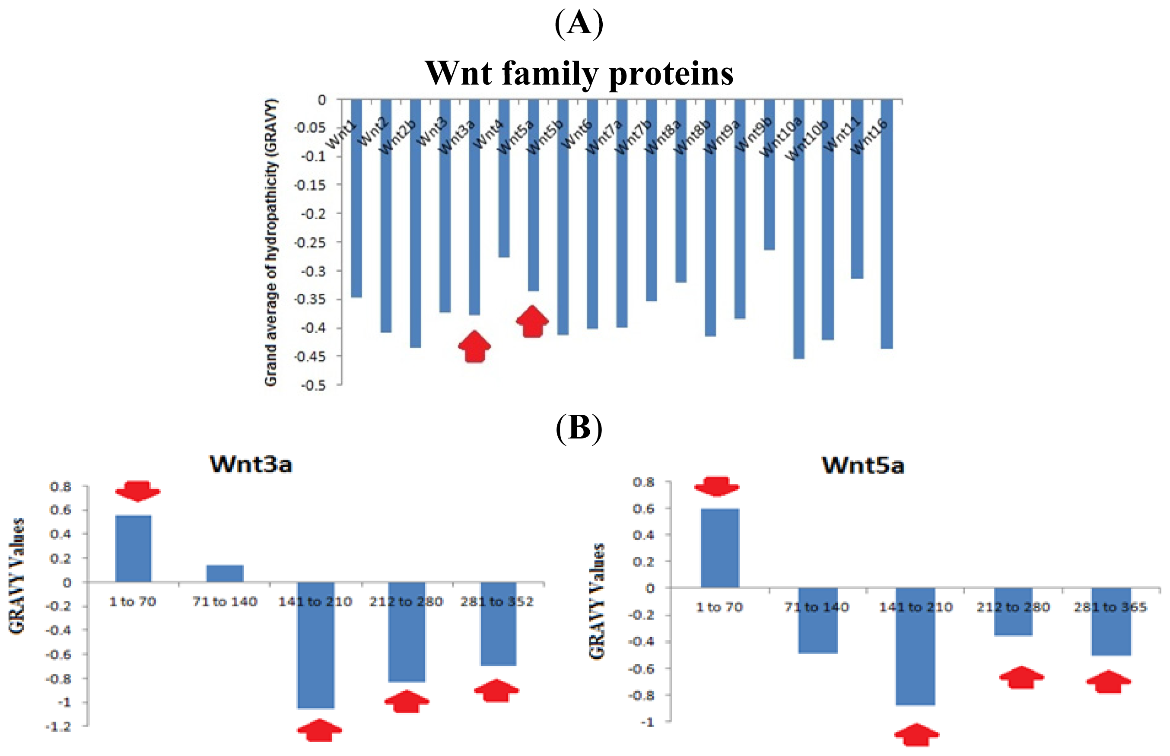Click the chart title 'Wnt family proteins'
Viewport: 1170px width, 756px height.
(x=579, y=73)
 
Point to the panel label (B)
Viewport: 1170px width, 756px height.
(x=579, y=428)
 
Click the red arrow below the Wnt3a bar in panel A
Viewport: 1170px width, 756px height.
(x=474, y=346)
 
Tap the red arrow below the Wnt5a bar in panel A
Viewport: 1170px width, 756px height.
(x=532, y=321)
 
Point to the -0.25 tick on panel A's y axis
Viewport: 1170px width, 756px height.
(x=310, y=242)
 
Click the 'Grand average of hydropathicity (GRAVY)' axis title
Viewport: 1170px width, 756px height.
(x=270, y=242)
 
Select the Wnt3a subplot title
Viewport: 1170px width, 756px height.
(x=251, y=464)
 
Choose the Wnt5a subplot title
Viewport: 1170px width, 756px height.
(x=863, y=465)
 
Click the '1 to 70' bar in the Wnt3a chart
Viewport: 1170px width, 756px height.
(x=133, y=548)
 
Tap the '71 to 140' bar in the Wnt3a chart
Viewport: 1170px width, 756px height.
(x=224, y=573)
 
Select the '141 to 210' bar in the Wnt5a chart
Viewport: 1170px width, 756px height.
(x=915, y=646)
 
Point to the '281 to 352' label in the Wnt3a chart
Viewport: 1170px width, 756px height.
(x=496, y=601)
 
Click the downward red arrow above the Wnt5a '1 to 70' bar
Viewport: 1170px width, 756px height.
(x=717, y=486)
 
